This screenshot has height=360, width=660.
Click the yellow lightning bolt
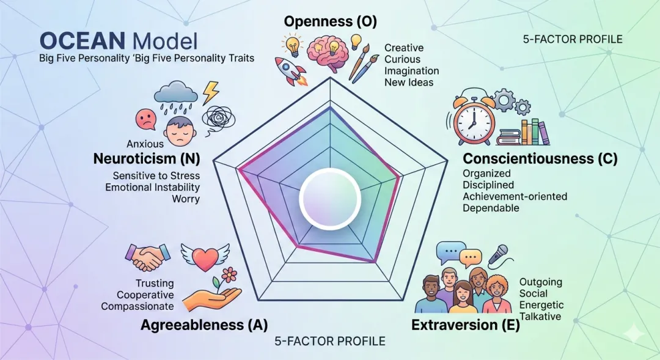tap(210, 92)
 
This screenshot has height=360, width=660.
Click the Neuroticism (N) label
tap(147, 160)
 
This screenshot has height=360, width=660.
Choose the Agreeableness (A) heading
tap(204, 325)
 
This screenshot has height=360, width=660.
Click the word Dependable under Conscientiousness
tap(491, 208)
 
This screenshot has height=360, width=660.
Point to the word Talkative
tap(540, 317)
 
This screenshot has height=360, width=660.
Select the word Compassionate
tap(137, 306)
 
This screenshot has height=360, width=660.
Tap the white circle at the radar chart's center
tap(330, 197)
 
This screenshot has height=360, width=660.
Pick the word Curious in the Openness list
tap(402, 59)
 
